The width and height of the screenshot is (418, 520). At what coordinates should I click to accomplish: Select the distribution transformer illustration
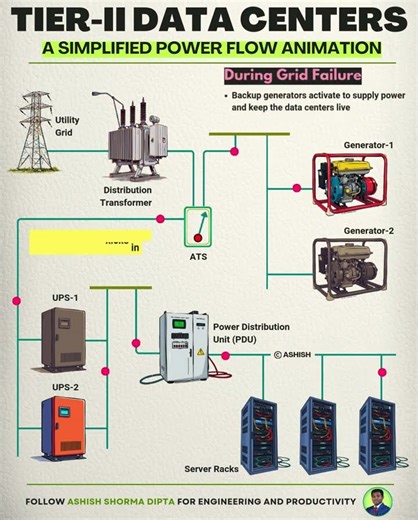tap(140, 139)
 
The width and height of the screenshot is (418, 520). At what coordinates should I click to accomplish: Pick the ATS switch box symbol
tap(199, 227)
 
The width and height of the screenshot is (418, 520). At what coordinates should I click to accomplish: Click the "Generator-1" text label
tap(368, 145)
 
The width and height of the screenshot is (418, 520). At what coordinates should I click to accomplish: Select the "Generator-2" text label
tap(368, 231)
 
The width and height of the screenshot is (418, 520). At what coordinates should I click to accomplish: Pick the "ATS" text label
tap(198, 257)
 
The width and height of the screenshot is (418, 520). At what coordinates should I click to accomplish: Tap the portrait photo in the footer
tap(378, 501)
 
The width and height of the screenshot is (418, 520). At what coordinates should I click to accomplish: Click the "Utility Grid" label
tap(67, 126)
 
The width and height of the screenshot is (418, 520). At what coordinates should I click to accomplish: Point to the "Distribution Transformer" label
tap(126, 195)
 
